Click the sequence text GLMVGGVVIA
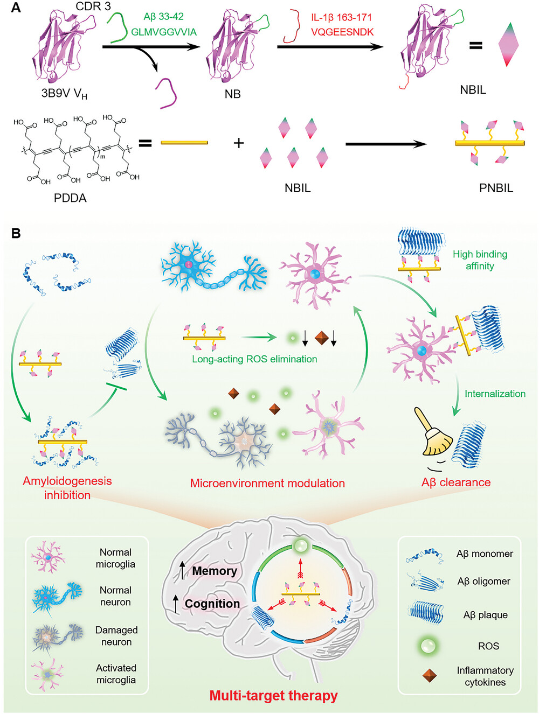(164, 32)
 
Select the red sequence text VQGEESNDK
(342, 32)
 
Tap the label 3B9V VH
(64, 94)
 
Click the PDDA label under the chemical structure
(70, 198)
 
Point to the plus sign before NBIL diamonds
(239, 143)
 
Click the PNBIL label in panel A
(496, 188)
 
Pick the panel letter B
(16, 234)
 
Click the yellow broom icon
(433, 432)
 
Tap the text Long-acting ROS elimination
(254, 359)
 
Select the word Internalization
(495, 394)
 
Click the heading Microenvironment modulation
(267, 483)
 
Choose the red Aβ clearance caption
(455, 482)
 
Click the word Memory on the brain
(215, 571)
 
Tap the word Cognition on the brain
(212, 604)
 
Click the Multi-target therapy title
(273, 696)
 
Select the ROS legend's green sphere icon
(427, 645)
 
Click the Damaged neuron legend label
(116, 636)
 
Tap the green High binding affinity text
(480, 260)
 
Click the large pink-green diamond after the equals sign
(508, 45)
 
